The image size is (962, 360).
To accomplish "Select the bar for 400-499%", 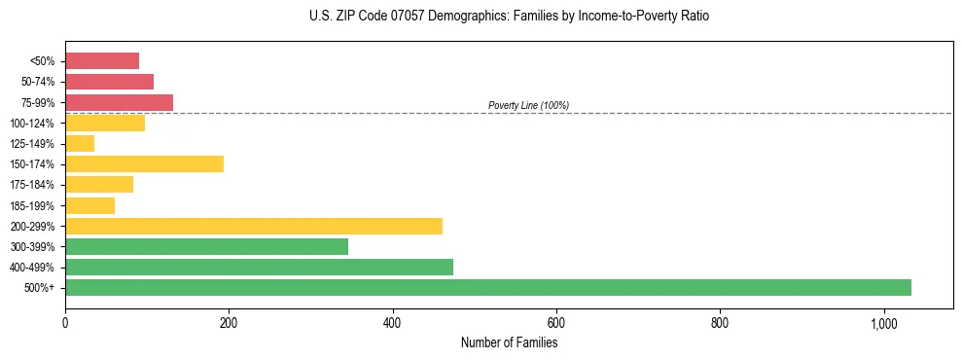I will point(259,267).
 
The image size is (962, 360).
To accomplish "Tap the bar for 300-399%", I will point(206,246).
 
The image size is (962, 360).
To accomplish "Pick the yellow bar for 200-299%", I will point(254,226).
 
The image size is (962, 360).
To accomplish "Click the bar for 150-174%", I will point(144,163).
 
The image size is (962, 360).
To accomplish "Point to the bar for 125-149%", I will point(80,143).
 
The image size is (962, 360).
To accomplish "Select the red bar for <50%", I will point(102,60).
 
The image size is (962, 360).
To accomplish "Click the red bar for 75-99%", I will point(119,102).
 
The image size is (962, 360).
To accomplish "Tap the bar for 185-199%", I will point(89,205).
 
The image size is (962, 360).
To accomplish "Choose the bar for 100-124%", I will point(105,123).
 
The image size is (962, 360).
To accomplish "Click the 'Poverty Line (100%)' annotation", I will point(528,105).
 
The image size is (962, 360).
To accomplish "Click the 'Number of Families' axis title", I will point(509,342).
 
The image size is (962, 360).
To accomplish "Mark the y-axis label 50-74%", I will point(38,82).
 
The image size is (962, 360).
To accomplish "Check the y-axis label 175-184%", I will point(35,185).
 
